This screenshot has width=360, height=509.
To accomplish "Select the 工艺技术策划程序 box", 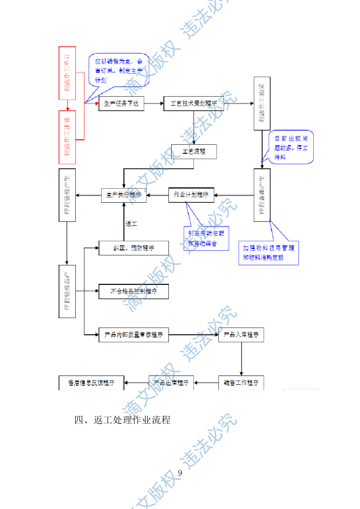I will pyautogui.click(x=194, y=104).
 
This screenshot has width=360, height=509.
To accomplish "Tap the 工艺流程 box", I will pyautogui.click(x=194, y=152).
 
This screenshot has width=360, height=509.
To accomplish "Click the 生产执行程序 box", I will pyautogui.click(x=123, y=195).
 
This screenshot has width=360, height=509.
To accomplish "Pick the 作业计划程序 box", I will pyautogui.click(x=191, y=195).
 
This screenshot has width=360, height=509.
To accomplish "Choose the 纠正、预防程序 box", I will pyautogui.click(x=133, y=248).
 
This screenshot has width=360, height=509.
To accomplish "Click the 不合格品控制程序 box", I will pyautogui.click(x=133, y=292).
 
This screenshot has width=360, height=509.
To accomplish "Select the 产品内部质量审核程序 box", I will pyautogui.click(x=133, y=335).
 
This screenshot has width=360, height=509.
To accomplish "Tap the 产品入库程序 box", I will pyautogui.click(x=241, y=335).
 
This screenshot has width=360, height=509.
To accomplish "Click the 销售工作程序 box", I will pyautogui.click(x=241, y=382).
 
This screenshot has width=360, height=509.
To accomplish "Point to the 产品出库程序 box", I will pyautogui.click(x=172, y=382).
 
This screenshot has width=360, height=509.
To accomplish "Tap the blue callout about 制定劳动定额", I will pyautogui.click(x=206, y=238).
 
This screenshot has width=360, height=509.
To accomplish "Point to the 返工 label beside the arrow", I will pyautogui.click(x=131, y=224).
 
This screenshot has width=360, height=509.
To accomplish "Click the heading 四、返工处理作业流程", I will pyautogui.click(x=123, y=420).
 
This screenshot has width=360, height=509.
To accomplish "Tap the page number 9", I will pyautogui.click(x=180, y=473).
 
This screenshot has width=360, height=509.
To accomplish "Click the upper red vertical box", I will pyautogui.click(x=67, y=73).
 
